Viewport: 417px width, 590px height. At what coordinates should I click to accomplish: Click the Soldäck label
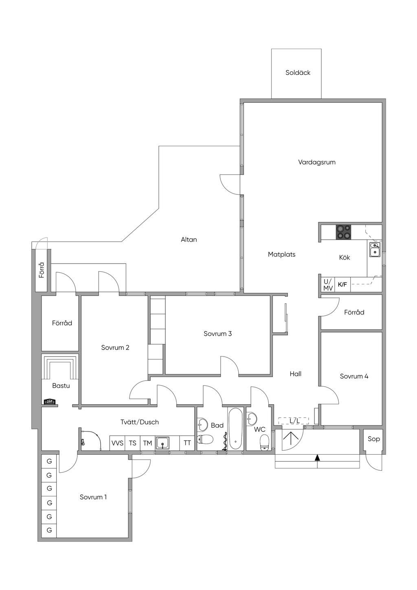click(298, 73)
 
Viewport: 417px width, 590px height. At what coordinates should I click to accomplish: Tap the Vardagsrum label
click(317, 162)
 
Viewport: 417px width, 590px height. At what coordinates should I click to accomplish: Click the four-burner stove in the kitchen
click(343, 232)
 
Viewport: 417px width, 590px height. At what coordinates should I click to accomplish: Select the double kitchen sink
click(374, 249)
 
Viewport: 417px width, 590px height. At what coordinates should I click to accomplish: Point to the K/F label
click(342, 284)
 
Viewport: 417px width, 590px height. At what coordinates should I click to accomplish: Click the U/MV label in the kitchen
click(328, 285)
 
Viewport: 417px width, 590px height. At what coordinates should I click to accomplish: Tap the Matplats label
click(281, 254)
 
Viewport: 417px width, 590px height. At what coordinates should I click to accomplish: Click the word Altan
click(189, 240)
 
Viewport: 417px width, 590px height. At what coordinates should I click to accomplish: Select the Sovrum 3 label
click(217, 334)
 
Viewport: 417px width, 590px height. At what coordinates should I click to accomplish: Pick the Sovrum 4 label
click(354, 376)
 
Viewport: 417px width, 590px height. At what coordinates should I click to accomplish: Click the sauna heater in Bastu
click(50, 402)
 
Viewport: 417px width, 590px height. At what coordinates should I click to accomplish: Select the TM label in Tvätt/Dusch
click(147, 443)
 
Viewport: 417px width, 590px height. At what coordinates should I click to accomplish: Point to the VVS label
click(117, 443)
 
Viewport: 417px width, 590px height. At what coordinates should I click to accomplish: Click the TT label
click(187, 443)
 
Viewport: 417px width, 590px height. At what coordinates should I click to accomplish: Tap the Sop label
click(373, 439)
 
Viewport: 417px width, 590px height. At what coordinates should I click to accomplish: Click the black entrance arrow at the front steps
click(317, 458)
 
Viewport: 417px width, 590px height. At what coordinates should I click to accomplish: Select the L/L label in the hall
click(294, 421)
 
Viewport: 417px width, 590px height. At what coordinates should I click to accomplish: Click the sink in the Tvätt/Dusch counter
click(162, 443)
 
